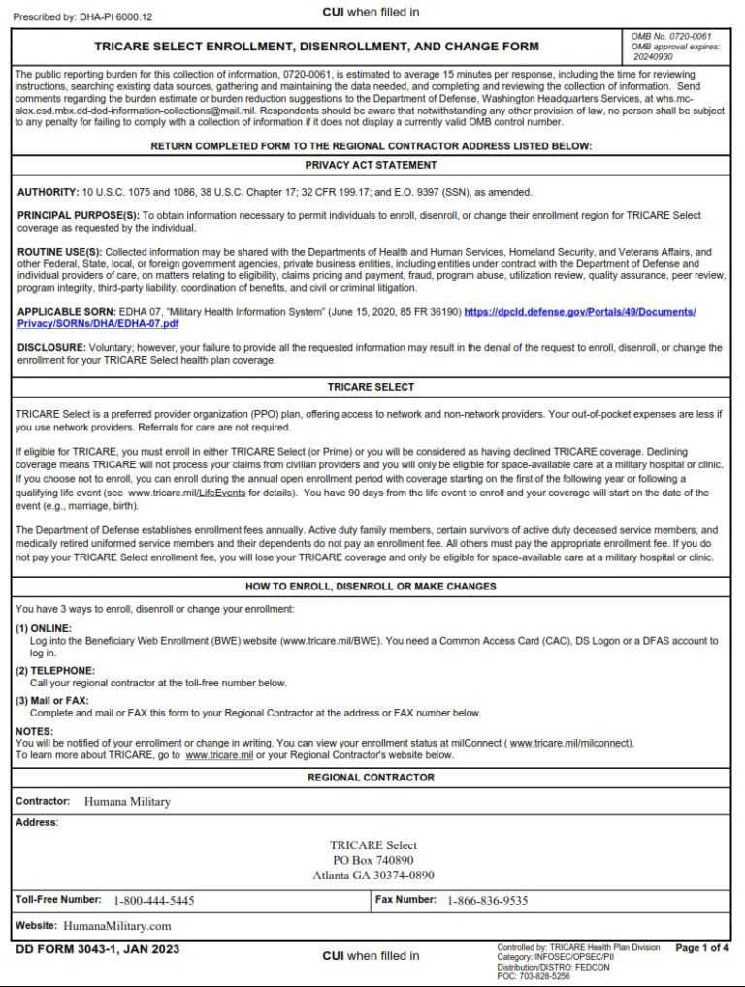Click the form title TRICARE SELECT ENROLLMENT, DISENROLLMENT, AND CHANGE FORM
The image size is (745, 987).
(x=316, y=47)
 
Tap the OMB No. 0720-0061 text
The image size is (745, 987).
(x=671, y=36)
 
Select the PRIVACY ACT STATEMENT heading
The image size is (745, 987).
(x=371, y=165)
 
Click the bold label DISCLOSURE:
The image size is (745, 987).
(x=50, y=347)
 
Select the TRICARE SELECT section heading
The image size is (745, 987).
(x=371, y=387)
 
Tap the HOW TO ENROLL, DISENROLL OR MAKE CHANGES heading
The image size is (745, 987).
(x=371, y=587)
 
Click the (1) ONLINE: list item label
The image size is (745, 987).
(x=44, y=628)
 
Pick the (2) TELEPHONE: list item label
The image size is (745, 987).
(x=55, y=671)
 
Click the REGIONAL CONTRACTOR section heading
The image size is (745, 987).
(x=371, y=778)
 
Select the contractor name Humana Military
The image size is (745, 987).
(x=127, y=802)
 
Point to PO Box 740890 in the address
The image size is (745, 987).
(x=372, y=860)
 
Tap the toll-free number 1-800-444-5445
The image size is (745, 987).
(x=153, y=900)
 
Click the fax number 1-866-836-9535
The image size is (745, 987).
(x=487, y=900)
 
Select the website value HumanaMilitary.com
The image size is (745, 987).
(x=116, y=926)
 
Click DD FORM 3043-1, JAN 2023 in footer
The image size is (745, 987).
(x=97, y=949)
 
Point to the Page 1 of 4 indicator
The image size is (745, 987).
(x=701, y=948)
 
